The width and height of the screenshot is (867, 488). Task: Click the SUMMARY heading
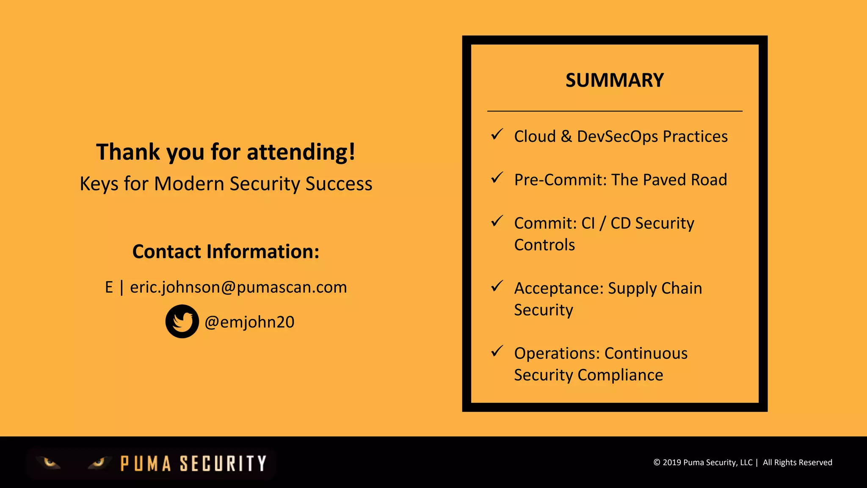click(x=614, y=80)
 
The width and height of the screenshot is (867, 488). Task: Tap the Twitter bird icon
click(x=182, y=322)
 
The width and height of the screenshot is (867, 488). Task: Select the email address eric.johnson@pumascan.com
click(x=238, y=287)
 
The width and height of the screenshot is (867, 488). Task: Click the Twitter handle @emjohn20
click(x=249, y=322)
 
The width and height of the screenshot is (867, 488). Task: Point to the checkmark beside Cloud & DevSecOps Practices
click(x=497, y=135)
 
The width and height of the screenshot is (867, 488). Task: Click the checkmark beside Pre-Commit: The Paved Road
click(x=497, y=178)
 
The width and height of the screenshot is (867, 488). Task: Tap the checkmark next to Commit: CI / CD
click(x=497, y=221)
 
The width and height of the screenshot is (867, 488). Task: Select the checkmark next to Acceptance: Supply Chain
click(x=497, y=286)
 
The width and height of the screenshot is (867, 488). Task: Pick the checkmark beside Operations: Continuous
click(x=497, y=351)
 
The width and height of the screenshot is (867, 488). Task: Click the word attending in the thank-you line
click(x=301, y=152)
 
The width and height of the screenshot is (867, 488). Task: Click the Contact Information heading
click(x=226, y=252)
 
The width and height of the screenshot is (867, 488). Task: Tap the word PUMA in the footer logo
click(x=146, y=464)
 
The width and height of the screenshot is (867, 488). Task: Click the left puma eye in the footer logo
click(x=50, y=463)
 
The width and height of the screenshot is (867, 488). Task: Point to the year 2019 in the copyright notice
click(x=672, y=463)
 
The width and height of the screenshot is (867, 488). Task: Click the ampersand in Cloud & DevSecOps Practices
click(x=566, y=136)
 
